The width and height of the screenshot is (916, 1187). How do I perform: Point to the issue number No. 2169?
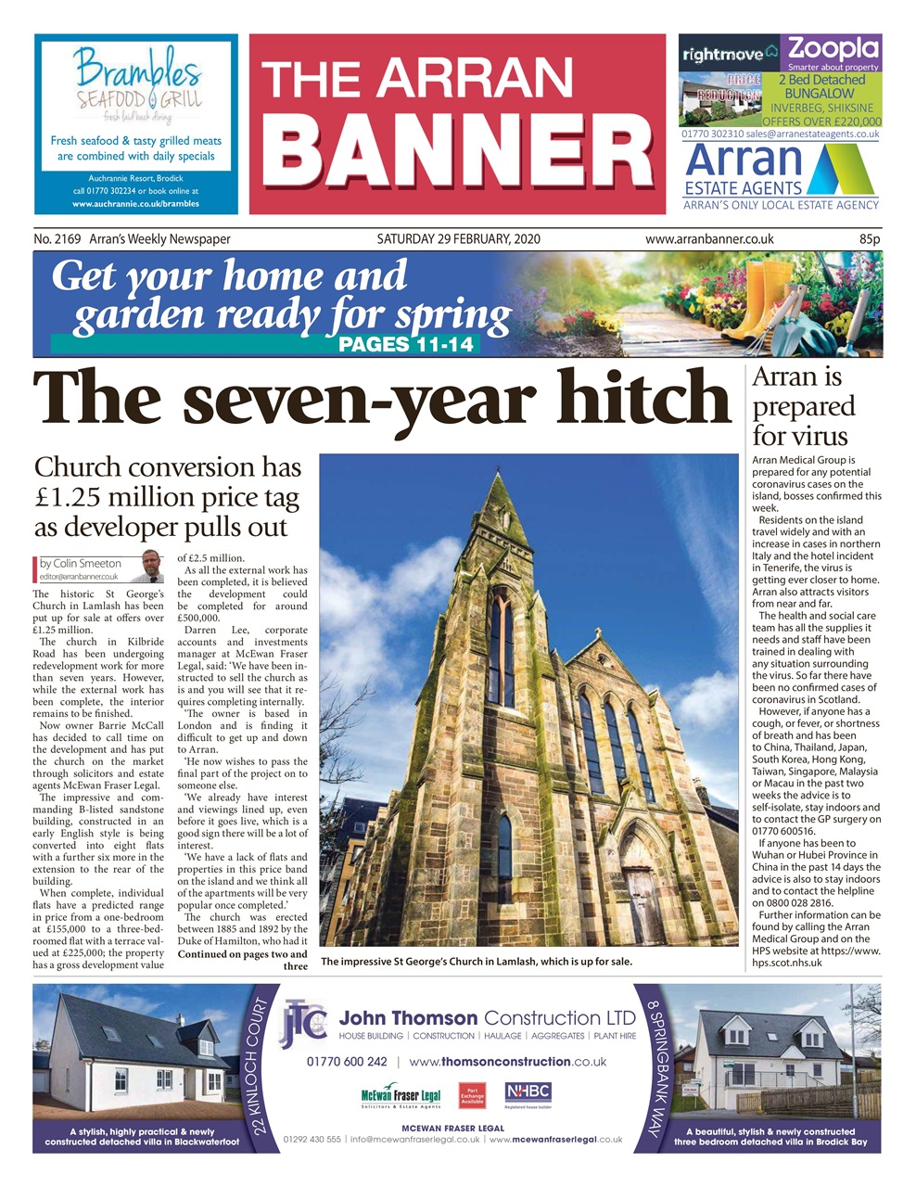57,239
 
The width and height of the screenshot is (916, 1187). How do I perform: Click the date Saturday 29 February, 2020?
458,239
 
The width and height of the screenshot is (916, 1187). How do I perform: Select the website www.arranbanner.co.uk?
709,239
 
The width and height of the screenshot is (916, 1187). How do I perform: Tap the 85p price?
869,239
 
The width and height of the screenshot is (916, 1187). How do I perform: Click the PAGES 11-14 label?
406,345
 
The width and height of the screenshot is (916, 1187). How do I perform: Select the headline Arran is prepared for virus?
803,406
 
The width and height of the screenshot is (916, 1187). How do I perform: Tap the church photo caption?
477,962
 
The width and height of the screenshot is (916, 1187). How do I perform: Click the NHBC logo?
528,1092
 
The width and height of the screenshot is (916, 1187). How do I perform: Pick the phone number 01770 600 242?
347,1062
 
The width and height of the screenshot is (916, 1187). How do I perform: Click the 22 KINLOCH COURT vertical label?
262,1071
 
